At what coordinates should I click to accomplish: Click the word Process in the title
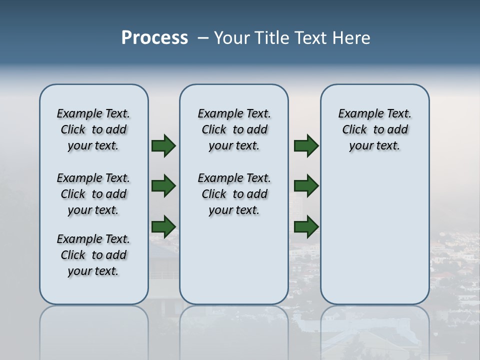tap(154, 38)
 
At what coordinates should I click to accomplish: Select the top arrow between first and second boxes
tap(163, 146)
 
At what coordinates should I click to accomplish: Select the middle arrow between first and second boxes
tap(163, 186)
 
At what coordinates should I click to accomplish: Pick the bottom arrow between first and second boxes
tap(163, 226)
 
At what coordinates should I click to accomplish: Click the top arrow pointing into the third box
tap(306, 146)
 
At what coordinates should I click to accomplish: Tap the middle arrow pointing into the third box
tap(306, 186)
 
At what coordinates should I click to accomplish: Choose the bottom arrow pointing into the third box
tap(306, 226)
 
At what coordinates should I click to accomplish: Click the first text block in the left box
tap(93, 129)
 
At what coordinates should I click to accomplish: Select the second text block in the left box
tap(93, 194)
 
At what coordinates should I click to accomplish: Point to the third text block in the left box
tap(93, 255)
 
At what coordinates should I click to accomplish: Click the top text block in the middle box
tap(234, 129)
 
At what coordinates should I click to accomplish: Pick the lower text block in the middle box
tap(234, 194)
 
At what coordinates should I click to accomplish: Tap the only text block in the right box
tap(374, 129)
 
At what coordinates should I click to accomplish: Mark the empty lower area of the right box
tap(374, 230)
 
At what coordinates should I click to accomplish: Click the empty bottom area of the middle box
tap(234, 265)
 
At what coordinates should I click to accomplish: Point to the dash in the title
tap(203, 38)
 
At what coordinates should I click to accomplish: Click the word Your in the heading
tap(232, 38)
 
